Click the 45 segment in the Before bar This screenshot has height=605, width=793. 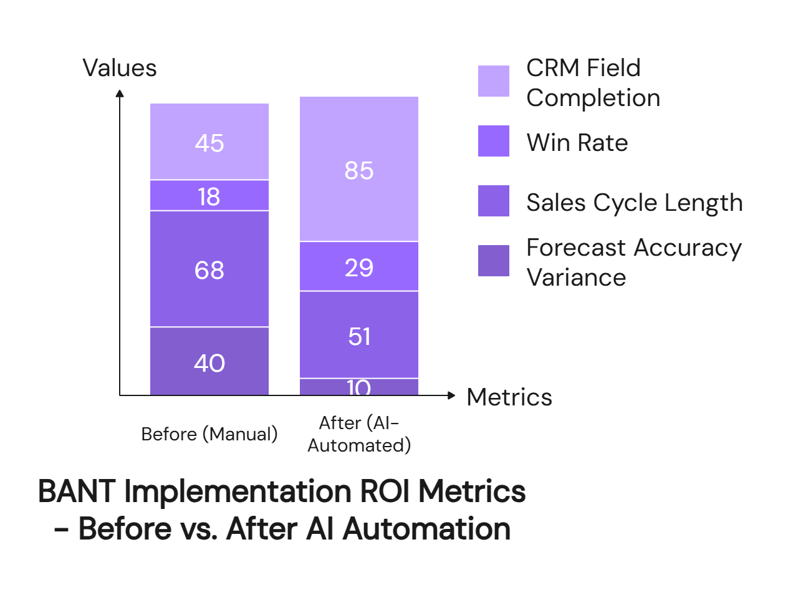209,142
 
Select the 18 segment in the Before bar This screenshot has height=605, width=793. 209,196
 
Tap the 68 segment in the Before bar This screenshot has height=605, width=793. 209,269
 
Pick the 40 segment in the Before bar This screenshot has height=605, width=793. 209,362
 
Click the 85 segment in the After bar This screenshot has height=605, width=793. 359,170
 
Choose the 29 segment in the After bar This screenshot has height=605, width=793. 359,267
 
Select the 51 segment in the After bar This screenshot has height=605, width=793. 359,336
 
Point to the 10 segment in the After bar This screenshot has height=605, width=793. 359,387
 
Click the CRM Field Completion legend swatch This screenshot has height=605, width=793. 493,81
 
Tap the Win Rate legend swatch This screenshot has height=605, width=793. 493,141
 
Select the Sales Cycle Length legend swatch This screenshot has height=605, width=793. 493,201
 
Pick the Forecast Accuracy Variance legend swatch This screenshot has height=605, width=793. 493,261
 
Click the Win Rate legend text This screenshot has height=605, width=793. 577,143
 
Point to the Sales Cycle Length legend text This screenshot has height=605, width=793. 634,203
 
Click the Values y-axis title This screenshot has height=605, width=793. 120,68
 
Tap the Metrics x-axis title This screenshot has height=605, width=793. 509,397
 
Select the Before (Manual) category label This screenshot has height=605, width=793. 209,433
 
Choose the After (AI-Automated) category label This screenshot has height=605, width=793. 359,434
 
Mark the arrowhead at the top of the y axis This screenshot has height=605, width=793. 120,94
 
